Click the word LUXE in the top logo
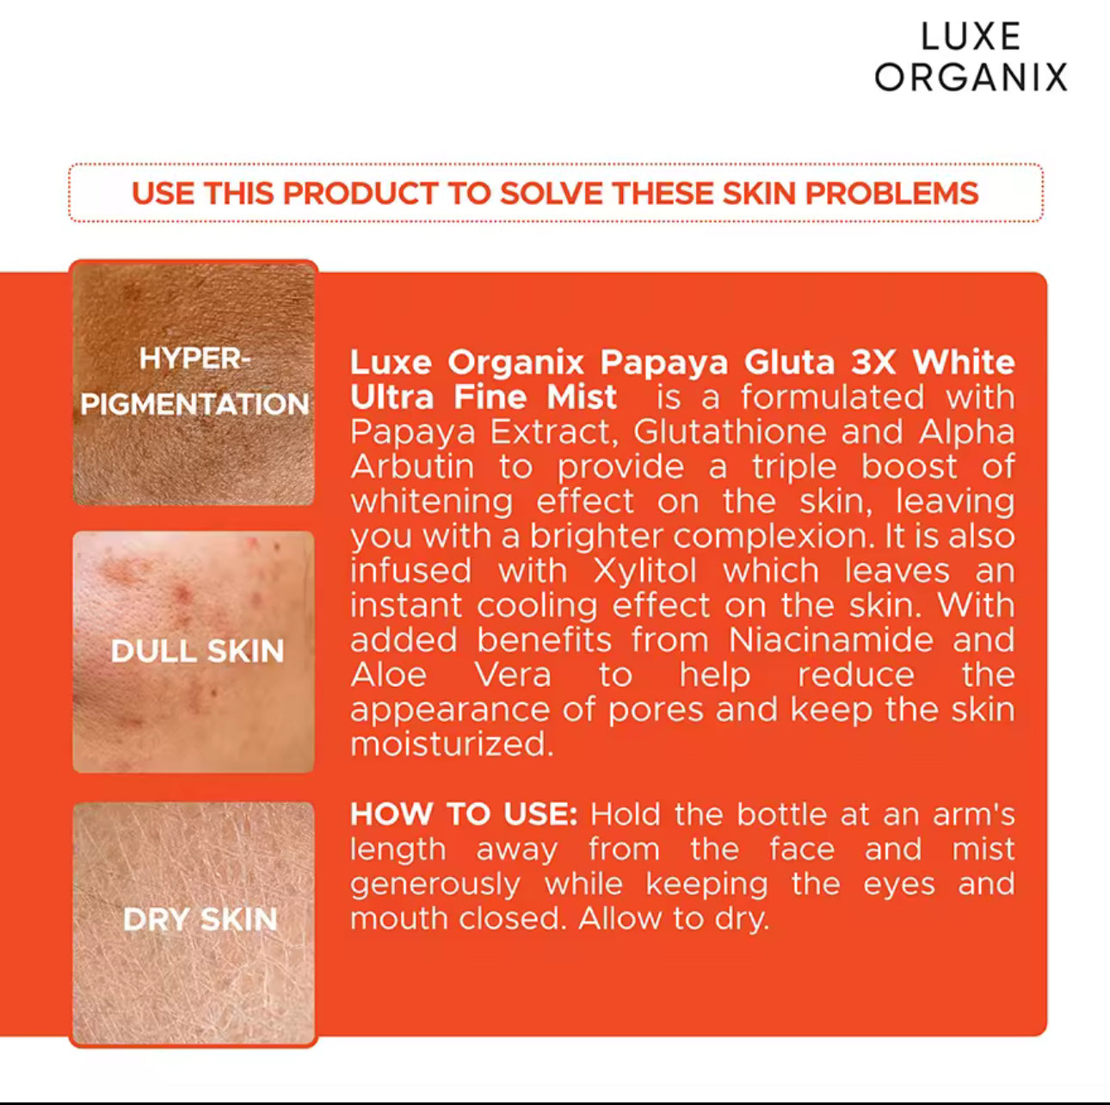[x=971, y=36]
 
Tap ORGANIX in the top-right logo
[x=971, y=77]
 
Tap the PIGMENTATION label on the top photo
[x=194, y=404]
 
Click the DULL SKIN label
[x=198, y=651]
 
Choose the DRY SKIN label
[x=200, y=919]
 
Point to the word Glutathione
[x=730, y=431]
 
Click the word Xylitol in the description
[x=644, y=571]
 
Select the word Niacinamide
[x=830, y=639]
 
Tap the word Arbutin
[x=412, y=466]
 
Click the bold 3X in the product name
[x=873, y=362]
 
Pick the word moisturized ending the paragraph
[x=452, y=744]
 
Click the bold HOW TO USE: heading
[x=464, y=814]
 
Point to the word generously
[x=435, y=885]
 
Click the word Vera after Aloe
[x=513, y=675]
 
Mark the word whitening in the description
[x=431, y=502]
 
